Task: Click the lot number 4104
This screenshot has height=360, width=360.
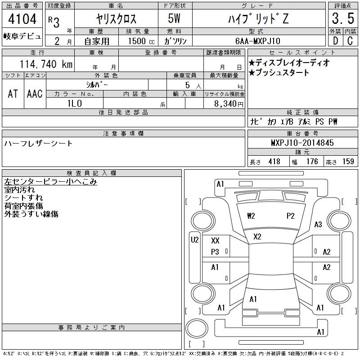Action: pos(22,18)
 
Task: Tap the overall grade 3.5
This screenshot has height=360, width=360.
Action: pos(343,18)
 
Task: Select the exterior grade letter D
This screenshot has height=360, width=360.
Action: pos(335,41)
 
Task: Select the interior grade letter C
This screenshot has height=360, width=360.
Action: pos(350,41)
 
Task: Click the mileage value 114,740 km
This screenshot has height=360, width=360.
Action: pos(46,64)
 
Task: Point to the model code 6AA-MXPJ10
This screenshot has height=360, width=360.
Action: pos(258,41)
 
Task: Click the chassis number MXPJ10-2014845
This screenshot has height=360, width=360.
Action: pos(302,143)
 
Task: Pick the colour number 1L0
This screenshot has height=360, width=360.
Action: pos(75,103)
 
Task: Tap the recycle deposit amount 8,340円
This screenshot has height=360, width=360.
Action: pos(229,104)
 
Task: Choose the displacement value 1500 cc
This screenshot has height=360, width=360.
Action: pos(141,41)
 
